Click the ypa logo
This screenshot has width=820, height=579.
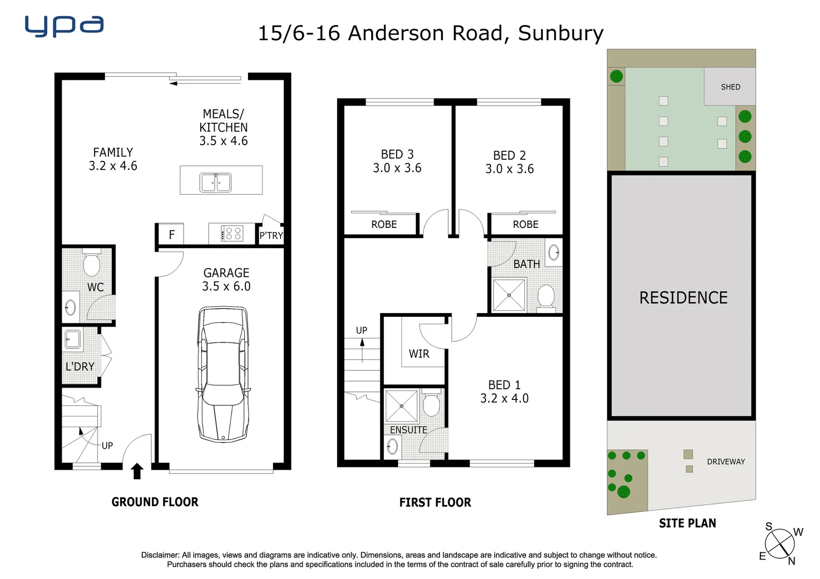coord(64,26)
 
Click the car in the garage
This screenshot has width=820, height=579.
coord(223,374)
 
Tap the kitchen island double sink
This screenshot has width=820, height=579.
coord(215,182)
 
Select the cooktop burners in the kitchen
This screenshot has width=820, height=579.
coord(232,233)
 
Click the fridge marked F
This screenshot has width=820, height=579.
coord(172,235)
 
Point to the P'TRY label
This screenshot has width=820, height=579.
coord(271,235)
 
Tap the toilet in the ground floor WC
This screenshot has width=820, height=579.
coord(92,263)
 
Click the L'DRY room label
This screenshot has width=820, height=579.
coord(80,367)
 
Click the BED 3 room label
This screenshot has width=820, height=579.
coord(397,154)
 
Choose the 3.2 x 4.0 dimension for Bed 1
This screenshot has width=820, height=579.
coord(504,398)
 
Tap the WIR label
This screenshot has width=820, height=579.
coord(419,354)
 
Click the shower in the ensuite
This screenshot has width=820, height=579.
coord(401,406)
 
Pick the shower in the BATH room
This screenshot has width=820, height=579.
coord(509,295)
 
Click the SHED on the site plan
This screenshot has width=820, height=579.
coord(730,87)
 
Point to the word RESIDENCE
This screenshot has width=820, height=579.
coord(683,298)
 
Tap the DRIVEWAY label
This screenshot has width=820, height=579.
coord(726,462)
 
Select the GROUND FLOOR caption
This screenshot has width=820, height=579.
coord(155,502)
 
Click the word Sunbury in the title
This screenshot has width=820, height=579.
coord(561,33)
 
